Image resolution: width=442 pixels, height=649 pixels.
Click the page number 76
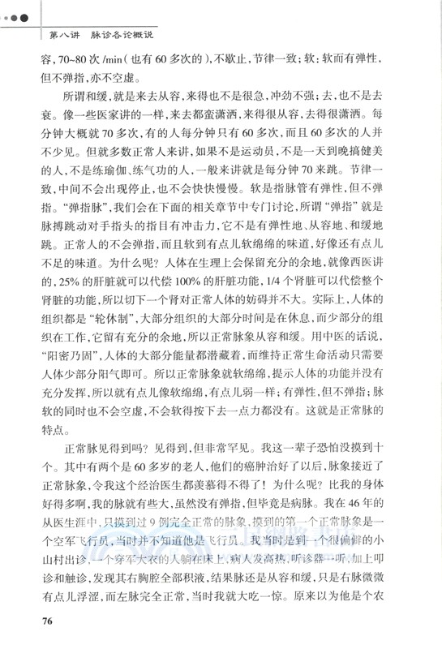45,621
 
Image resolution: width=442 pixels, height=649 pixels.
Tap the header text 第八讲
64,35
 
